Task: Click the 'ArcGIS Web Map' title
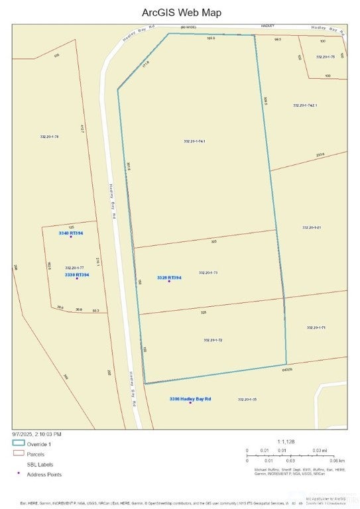(x=182, y=13)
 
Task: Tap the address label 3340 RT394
(x=71, y=233)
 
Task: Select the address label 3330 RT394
(x=77, y=274)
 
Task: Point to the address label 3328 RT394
(x=169, y=277)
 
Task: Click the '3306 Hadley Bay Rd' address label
(x=190, y=398)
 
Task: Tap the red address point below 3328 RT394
(x=169, y=282)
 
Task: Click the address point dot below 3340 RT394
(x=71, y=238)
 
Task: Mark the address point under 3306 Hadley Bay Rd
(x=191, y=403)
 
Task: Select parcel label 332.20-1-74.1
(x=194, y=141)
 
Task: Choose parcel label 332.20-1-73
(x=208, y=272)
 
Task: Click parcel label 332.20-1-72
(x=213, y=340)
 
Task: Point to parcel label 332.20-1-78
(x=50, y=137)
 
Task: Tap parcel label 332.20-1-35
(x=247, y=400)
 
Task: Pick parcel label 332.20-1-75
(x=325, y=57)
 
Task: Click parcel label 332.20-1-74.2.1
(x=305, y=105)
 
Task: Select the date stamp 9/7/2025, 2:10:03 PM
(x=37, y=433)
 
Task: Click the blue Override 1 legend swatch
(x=19, y=443)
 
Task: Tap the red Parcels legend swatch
(x=19, y=454)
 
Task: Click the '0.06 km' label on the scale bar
(x=337, y=460)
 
